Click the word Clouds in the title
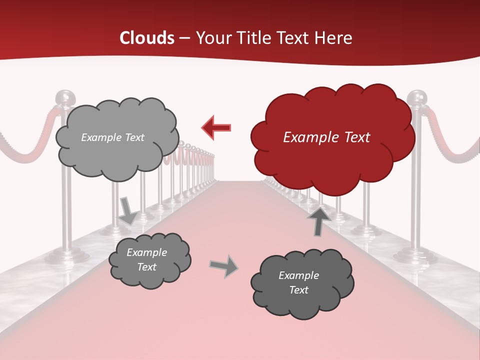147,38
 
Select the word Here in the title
333,38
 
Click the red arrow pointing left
216,128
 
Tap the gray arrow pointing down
127,210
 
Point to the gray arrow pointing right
223,266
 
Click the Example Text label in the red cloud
326,137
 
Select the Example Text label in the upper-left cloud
112,137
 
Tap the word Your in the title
211,38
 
